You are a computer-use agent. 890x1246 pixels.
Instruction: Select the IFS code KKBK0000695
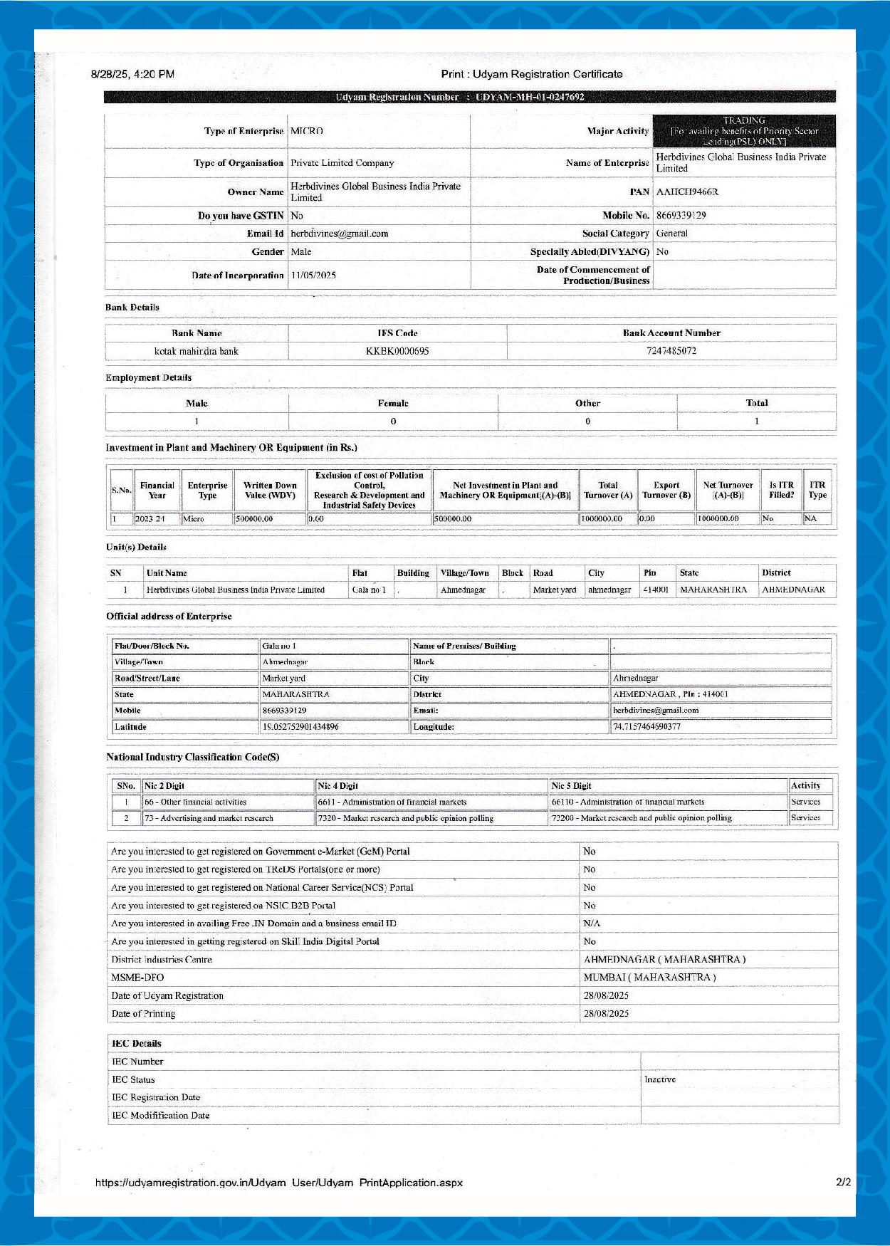[397, 351]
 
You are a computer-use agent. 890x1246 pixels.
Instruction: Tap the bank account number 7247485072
[671, 351]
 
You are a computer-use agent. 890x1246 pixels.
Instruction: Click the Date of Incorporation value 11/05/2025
[313, 276]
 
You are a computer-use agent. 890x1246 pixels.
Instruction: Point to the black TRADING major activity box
[744, 131]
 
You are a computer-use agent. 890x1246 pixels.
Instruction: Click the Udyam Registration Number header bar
[469, 97]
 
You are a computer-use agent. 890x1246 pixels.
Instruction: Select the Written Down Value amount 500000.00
[254, 519]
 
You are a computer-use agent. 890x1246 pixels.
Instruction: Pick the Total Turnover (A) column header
[607, 490]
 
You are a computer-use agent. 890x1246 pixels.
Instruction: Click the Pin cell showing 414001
[656, 590]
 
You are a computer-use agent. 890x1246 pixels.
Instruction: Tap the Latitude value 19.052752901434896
[300, 727]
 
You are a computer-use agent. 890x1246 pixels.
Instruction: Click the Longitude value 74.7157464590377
[646, 727]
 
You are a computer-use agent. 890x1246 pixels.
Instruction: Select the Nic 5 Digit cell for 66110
[628, 802]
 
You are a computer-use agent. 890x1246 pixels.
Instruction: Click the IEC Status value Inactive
[660, 1079]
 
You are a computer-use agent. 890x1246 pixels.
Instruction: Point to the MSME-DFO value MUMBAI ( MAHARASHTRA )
[649, 978]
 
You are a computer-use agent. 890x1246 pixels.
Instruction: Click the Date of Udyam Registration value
[606, 995]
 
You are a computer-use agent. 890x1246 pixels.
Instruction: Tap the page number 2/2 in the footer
[843, 1183]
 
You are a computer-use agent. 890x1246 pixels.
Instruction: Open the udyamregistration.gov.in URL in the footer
[279, 1183]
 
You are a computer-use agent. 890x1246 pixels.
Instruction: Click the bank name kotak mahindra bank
[197, 351]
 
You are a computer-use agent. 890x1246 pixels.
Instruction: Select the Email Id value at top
[339, 234]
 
